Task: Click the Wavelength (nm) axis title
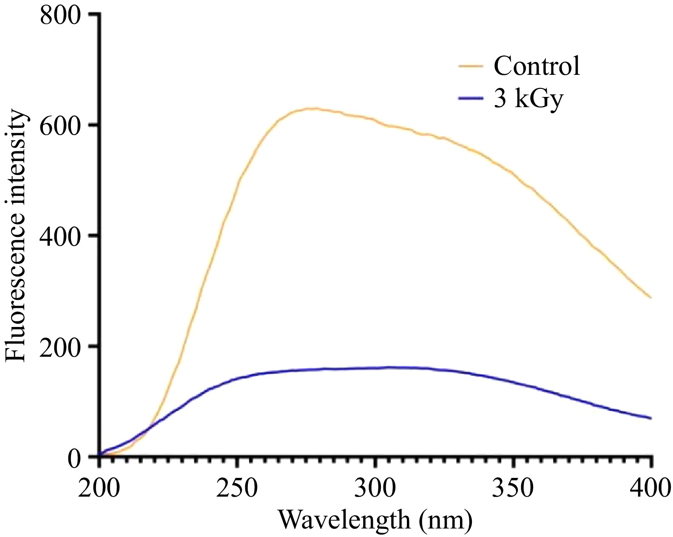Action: click(x=375, y=520)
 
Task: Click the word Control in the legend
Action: click(x=537, y=66)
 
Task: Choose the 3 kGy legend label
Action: click(x=528, y=99)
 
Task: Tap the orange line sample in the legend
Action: click(x=471, y=66)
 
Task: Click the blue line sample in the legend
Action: click(x=471, y=98)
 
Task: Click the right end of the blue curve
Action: click(x=650, y=418)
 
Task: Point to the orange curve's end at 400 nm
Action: click(x=650, y=297)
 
